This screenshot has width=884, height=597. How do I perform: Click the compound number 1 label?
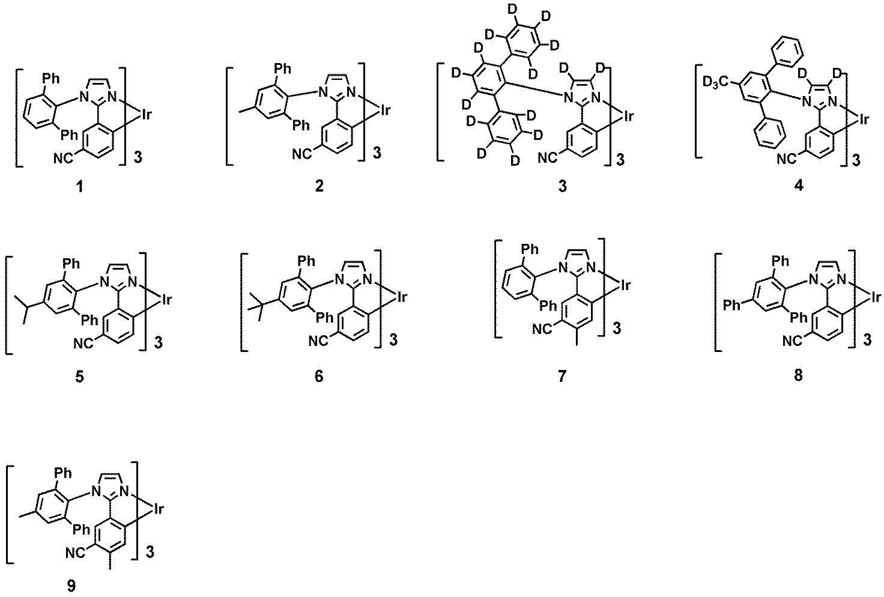click(x=80, y=186)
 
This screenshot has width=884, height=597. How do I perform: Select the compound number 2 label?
click(x=319, y=185)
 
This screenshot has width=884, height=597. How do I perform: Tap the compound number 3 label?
click(x=563, y=186)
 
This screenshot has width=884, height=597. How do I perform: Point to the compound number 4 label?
click(x=799, y=184)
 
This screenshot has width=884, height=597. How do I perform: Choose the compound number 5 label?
click(x=80, y=377)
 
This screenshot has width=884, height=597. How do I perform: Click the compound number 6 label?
click(x=319, y=376)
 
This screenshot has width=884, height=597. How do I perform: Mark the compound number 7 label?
click(x=562, y=376)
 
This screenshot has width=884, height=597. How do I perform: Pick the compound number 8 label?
click(x=798, y=375)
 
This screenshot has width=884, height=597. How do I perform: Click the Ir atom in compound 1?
click(x=147, y=115)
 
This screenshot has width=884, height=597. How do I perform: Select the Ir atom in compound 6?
click(x=402, y=297)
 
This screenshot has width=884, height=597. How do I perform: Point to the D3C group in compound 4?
click(x=716, y=83)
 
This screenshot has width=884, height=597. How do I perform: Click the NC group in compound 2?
click(x=302, y=154)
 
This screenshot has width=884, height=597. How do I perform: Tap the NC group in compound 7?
click(x=542, y=329)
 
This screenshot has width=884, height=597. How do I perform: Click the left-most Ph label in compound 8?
click(x=731, y=305)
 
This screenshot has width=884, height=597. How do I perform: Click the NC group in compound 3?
click(x=548, y=158)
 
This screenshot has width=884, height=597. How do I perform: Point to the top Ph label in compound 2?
click(x=283, y=68)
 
